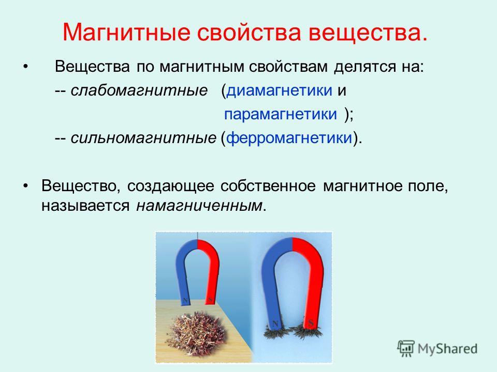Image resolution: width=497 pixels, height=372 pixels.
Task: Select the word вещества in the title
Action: [368, 33]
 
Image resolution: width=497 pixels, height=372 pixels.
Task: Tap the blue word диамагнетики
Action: [279, 91]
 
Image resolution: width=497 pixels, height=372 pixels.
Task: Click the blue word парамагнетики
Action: [281, 114]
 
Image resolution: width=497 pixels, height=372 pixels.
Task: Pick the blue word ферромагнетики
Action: [289, 138]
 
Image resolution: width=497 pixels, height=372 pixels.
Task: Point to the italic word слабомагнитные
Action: [139, 91]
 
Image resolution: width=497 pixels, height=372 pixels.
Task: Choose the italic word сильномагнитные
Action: [143, 138]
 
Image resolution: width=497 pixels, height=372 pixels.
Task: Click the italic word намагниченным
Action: [199, 206]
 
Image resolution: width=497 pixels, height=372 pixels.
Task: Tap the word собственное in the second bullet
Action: [268, 186]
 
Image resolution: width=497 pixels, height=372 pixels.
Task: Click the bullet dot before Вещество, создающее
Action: [26, 186]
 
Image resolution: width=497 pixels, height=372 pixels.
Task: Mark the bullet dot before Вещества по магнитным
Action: [26, 67]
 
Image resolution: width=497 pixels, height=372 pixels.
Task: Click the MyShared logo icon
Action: [406, 349]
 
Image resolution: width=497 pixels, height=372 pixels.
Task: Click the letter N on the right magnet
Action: [275, 323]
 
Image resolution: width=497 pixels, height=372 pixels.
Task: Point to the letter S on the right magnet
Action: [311, 323]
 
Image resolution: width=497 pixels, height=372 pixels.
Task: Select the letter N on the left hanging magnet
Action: [185, 300]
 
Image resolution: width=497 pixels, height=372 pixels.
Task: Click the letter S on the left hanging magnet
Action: [210, 299]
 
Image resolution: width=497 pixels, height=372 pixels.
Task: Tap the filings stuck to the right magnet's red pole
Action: [308, 332]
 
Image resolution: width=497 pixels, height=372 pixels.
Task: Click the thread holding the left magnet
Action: [197, 236]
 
